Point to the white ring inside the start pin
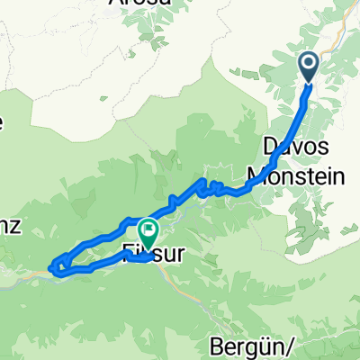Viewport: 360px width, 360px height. coord(308,62)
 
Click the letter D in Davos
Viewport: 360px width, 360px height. coord(269,146)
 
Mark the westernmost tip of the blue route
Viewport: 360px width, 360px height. coord(50,265)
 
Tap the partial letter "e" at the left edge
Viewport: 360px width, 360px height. coord(3,124)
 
